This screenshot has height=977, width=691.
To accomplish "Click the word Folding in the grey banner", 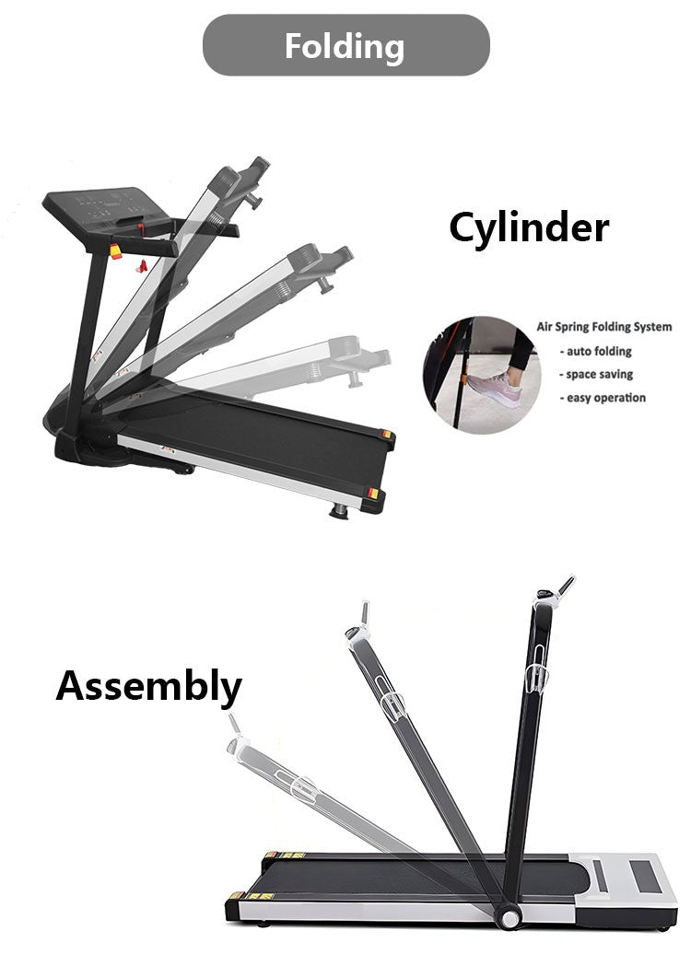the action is point(345,47).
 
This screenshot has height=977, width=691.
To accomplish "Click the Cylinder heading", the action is point(529,227).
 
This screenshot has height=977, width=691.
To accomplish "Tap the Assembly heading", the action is point(148,687).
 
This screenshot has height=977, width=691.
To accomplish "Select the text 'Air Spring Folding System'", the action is point(604,327).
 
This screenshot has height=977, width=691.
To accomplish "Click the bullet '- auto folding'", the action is point(595,352).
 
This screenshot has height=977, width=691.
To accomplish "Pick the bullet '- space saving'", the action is point(596,375).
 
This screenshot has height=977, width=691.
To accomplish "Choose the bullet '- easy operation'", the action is point(603,398).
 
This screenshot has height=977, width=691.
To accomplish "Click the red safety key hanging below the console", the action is point(142,267).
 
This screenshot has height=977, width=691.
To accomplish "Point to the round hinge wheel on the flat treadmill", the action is point(509,917).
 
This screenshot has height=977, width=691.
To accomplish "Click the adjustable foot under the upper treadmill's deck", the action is point(339,511).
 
